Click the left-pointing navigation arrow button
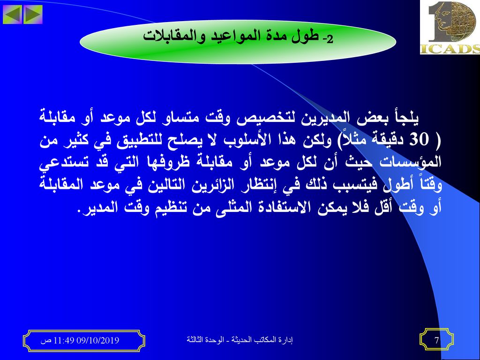pyautogui.click(x=12, y=15)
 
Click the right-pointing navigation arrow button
pyautogui.click(x=33, y=15)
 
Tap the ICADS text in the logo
pyautogui.click(x=450, y=49)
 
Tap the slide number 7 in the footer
pyautogui.click(x=437, y=340)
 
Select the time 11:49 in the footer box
pyautogui.click(x=64, y=340)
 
